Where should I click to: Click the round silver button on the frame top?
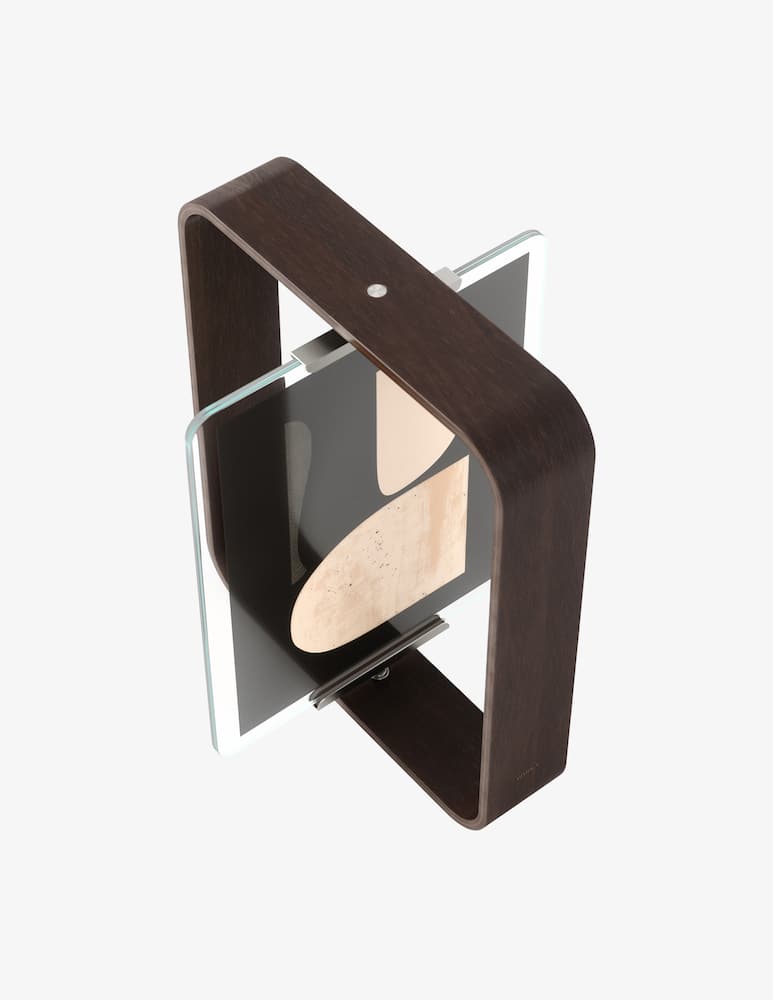376,290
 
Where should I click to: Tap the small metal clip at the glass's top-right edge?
447,277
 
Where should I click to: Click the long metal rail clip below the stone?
378,661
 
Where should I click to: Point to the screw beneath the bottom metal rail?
381,675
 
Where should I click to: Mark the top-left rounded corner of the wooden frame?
194,215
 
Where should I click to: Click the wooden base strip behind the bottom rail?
420,720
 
